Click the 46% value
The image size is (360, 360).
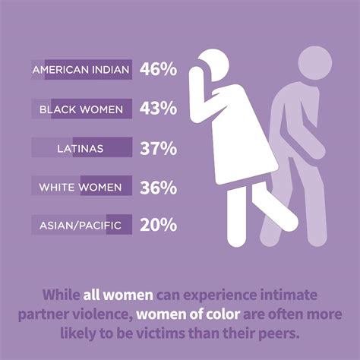pos(157,70)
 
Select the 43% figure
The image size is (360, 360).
pos(157,109)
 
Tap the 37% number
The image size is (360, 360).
pos(157,147)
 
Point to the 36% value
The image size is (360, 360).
pos(157,186)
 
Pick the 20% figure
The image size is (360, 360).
pos(157,225)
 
